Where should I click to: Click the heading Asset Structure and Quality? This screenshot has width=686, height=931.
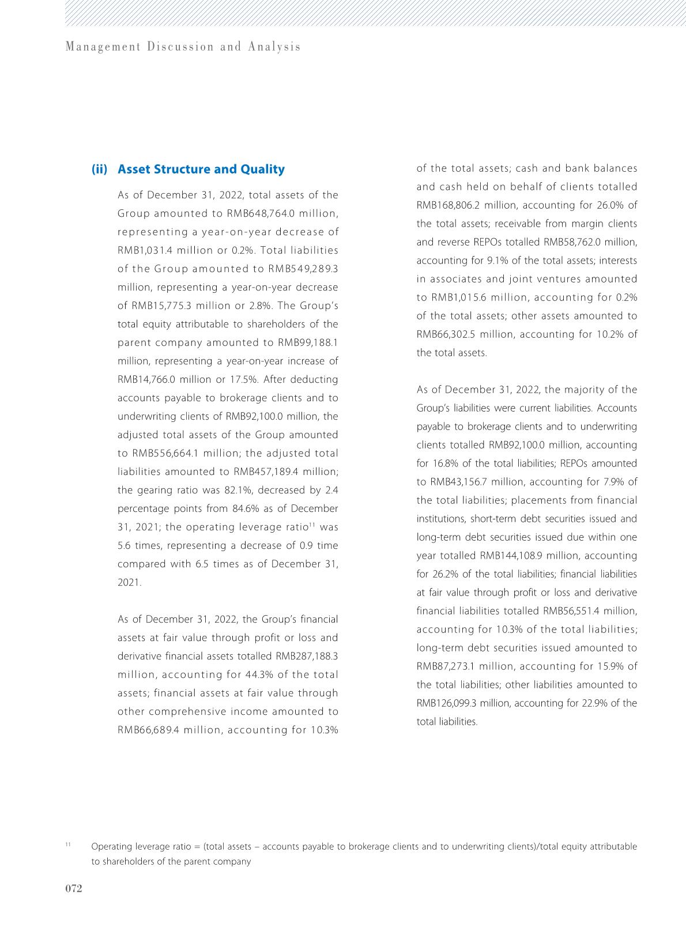click(201, 169)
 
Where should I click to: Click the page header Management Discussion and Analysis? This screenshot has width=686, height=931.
click(183, 47)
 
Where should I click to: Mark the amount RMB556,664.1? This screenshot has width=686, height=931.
click(164, 454)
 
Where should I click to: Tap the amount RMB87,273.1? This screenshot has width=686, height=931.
click(446, 667)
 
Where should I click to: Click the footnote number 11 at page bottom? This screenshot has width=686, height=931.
click(68, 845)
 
